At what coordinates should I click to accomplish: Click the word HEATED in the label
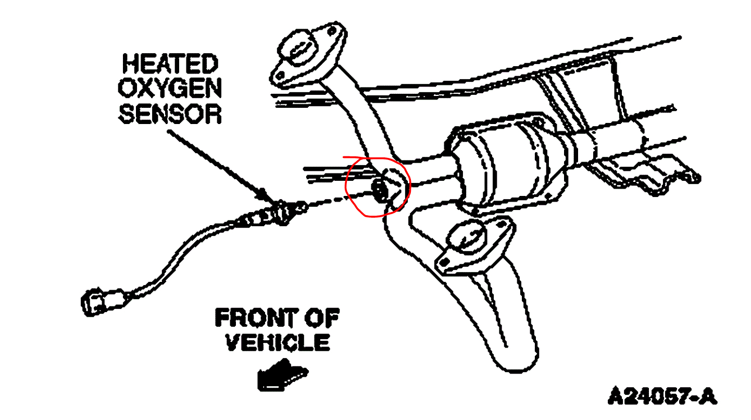(x=170, y=65)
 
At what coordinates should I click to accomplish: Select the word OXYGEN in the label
(x=170, y=89)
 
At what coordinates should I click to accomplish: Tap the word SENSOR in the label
(x=170, y=114)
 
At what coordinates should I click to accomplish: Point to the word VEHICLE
(x=278, y=342)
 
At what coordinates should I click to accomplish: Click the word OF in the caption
(x=320, y=318)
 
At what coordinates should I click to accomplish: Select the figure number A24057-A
(x=662, y=398)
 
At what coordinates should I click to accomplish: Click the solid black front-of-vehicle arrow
(x=282, y=375)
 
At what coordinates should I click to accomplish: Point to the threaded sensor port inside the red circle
(x=380, y=190)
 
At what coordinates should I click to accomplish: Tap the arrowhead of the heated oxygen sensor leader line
(x=268, y=197)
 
